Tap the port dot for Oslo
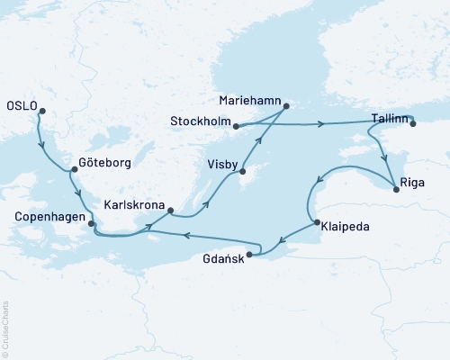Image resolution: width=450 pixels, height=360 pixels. (40, 112)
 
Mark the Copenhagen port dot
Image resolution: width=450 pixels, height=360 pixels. (91, 221)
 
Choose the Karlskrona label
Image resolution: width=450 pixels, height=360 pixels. (133, 204)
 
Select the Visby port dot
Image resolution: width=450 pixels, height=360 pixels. (242, 161)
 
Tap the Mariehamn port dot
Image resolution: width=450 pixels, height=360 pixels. (286, 107)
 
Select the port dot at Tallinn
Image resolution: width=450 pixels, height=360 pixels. (413, 125)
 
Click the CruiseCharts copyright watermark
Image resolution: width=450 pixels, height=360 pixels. (6, 329)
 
